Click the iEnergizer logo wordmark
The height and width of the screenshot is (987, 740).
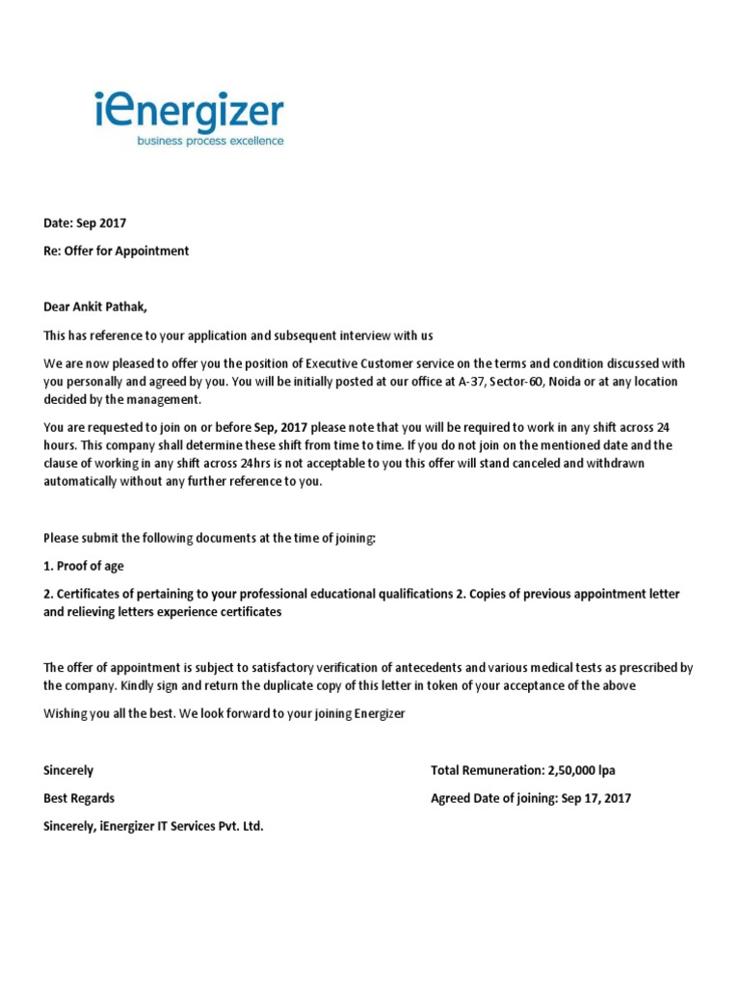coord(190,113)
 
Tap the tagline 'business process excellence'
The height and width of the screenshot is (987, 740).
coord(210,141)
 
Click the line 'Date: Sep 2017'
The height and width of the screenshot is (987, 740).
coord(85,224)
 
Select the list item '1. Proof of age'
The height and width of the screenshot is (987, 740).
coord(84,566)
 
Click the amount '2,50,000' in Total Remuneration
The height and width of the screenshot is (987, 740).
coord(571,771)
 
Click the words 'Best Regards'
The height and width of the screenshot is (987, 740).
coord(79,799)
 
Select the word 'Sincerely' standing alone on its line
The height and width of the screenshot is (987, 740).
coord(69,771)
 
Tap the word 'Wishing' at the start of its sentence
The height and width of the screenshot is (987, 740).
coord(66,714)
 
